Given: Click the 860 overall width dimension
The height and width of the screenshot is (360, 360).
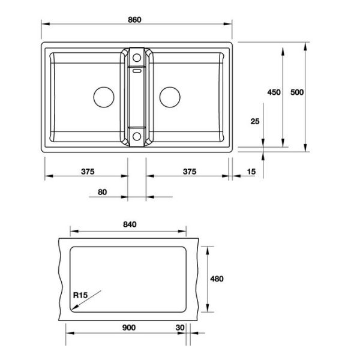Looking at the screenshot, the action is click(134, 20).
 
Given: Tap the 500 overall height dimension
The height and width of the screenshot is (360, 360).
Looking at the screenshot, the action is click(297, 92).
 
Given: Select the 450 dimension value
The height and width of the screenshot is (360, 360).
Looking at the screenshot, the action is click(274, 92).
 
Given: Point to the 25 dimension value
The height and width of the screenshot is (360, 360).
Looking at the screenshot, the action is click(255, 121).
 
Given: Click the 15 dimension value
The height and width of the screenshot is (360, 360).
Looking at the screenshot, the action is click(251, 172).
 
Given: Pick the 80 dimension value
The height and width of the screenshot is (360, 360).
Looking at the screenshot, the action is click(102, 192).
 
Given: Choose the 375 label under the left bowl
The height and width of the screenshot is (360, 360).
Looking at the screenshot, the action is click(88, 172).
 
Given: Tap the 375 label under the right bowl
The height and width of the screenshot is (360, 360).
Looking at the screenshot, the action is click(190, 172).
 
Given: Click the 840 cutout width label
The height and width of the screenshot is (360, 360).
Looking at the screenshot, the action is click(130, 224).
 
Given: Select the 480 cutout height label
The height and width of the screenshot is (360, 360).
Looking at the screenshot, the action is click(217, 279).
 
